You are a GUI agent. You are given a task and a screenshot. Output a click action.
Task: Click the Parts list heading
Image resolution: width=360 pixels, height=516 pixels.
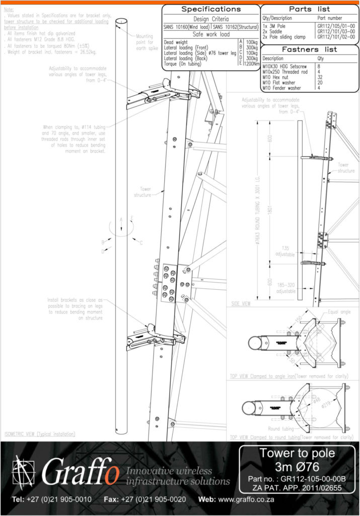(x=309, y=9)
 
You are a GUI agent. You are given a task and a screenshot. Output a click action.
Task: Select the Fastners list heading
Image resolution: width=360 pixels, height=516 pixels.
(x=309, y=49)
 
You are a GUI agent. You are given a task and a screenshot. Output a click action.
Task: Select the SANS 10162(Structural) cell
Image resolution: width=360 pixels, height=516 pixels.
(x=235, y=26)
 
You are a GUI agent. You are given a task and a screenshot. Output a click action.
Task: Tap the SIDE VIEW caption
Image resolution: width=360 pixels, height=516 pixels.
(x=241, y=304)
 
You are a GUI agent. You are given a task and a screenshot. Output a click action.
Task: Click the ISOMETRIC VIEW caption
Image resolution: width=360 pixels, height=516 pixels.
(x=39, y=433)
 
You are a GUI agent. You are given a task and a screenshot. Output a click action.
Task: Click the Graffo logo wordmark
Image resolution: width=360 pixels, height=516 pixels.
(x=81, y=473)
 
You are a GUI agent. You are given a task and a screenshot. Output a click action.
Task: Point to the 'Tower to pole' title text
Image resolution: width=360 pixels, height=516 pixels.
(x=297, y=453)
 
